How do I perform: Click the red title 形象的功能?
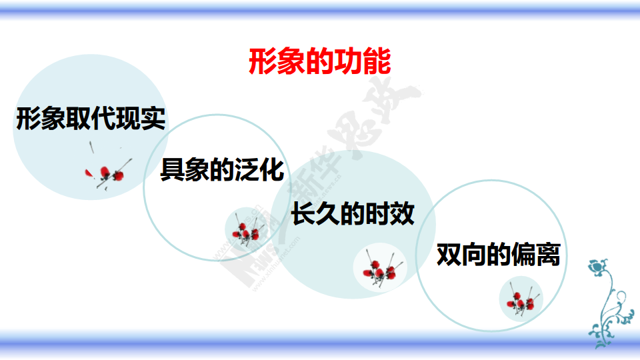(319, 61)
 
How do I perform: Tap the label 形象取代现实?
(91, 119)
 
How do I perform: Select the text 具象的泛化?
(222, 169)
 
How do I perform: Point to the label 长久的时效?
(353, 213)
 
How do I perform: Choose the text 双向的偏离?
(499, 254)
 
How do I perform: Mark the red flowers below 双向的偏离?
(521, 301)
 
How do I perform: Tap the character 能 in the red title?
(377, 61)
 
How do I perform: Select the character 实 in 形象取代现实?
(153, 119)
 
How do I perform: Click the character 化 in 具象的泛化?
(272, 169)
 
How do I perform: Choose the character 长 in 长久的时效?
(303, 213)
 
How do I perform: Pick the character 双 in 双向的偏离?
(449, 254)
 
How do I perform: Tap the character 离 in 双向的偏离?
(548, 254)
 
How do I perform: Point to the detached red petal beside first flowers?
(89, 173)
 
